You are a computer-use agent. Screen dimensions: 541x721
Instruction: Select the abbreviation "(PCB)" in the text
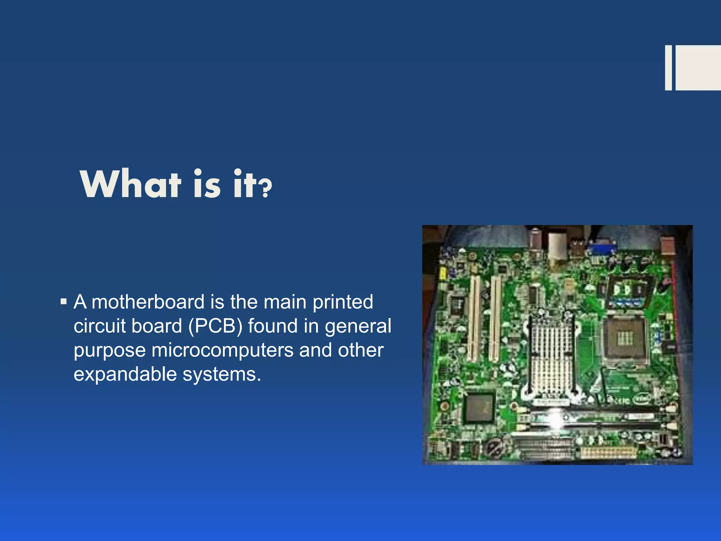point(215,326)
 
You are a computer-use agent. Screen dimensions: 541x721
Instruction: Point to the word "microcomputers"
point(222,350)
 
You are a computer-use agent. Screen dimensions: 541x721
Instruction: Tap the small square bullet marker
point(64,302)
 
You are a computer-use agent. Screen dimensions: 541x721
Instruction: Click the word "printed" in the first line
point(343,302)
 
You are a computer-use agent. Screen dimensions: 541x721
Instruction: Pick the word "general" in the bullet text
point(358,326)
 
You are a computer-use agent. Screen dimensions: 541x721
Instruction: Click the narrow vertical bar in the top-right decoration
point(668,68)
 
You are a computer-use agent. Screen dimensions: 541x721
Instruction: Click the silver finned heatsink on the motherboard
point(551,356)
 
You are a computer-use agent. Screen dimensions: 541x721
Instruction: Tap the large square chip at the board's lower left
point(479,409)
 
